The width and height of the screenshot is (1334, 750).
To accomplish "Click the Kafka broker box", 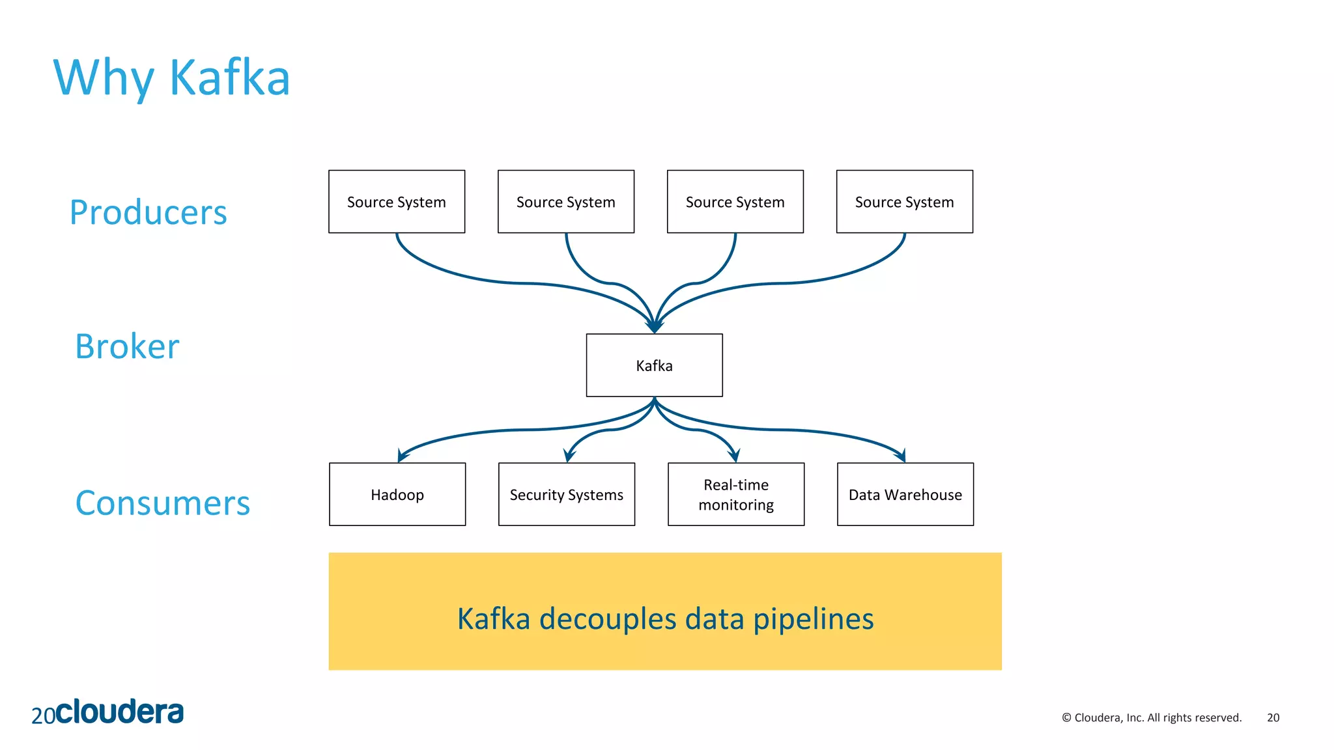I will click(654, 365).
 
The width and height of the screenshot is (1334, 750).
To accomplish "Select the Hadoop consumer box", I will click(397, 494).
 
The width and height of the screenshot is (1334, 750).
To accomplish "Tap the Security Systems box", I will click(566, 494).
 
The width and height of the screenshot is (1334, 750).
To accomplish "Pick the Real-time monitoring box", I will click(736, 494).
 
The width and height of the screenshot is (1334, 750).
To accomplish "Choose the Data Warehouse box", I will click(905, 494).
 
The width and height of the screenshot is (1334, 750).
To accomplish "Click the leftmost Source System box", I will click(396, 202).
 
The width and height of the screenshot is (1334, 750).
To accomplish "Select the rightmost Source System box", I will click(904, 202).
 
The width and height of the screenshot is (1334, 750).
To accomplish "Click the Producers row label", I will click(149, 213).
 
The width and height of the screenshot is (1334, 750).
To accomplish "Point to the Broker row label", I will click(127, 346).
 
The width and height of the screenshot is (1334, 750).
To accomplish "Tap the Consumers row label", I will click(163, 503).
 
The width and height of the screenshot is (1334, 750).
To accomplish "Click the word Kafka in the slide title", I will click(229, 78).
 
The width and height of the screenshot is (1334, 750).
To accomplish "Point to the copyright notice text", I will click(1151, 717).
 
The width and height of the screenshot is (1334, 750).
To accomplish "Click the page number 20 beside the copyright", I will click(1273, 717).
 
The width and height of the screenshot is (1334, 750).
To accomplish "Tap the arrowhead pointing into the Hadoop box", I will click(401, 456).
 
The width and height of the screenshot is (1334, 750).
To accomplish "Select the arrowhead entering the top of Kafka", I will click(654, 327).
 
